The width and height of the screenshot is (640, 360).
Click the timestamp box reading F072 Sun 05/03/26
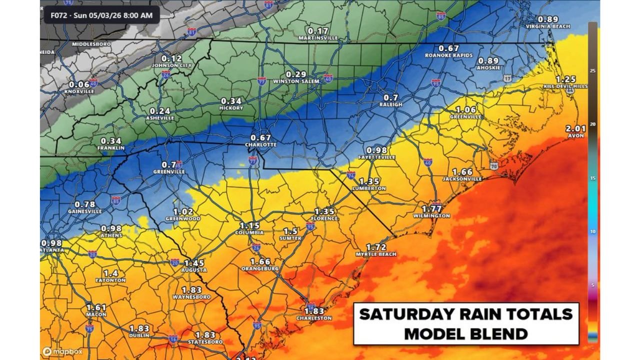pos(101,15)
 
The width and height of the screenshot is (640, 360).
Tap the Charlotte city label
pos(260,145)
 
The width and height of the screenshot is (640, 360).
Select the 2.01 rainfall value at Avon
pos(575,128)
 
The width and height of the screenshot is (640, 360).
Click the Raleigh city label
pos(391,104)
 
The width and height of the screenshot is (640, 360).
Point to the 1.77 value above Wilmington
pos(431,208)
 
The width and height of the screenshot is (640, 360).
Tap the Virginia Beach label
pos(548,26)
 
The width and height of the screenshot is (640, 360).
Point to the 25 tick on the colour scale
pos(592,71)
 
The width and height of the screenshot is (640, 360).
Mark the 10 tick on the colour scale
pos(592,232)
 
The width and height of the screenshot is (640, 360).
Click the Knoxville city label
pos(79,91)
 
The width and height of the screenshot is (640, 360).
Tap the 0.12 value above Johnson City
pos(171,58)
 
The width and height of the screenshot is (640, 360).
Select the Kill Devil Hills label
pos(565,86)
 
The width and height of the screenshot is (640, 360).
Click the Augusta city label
pos(194,270)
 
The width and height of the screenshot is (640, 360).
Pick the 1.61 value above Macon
pos(96,307)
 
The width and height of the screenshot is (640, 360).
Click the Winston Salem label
pos(296,81)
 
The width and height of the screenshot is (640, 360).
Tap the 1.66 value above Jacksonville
pos(462,172)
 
